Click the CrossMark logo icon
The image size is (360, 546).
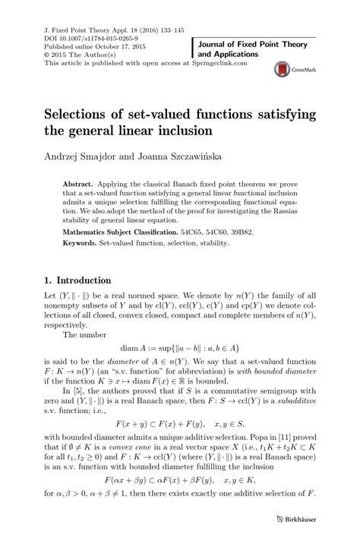288,69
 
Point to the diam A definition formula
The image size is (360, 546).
179,353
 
